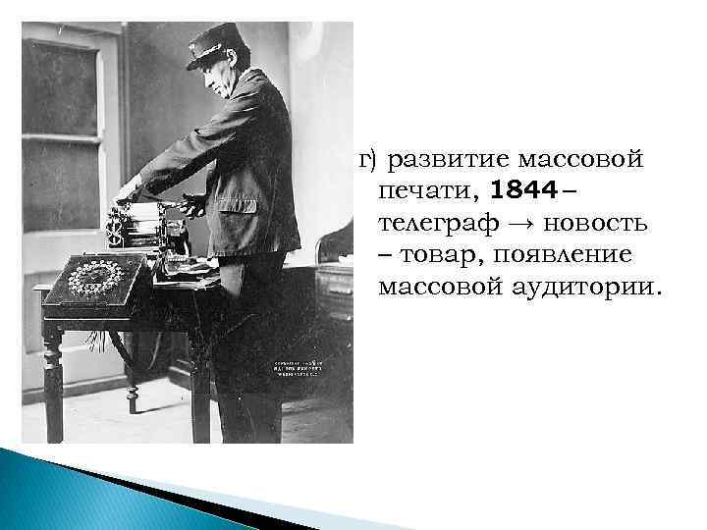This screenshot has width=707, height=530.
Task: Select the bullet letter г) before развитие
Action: click(368, 157)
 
